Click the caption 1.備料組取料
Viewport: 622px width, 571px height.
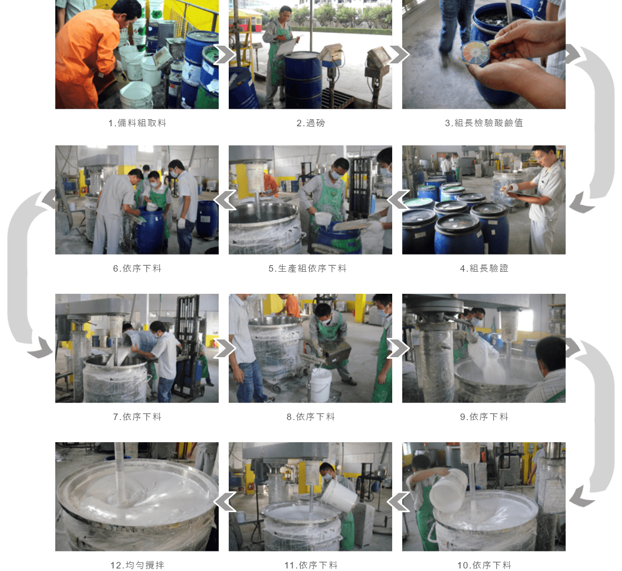137,123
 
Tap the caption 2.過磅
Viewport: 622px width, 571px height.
310,123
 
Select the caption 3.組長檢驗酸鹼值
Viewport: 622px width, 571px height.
484,123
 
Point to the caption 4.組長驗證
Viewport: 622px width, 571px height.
484,268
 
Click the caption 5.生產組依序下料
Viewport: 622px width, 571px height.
307,268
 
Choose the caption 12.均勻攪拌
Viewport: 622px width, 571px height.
137,565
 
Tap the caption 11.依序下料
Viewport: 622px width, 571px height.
311,565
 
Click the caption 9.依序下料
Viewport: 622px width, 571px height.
484,417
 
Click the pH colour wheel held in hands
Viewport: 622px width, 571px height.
475,52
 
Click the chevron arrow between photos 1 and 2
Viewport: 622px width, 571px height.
225,54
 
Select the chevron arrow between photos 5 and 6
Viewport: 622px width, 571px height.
225,200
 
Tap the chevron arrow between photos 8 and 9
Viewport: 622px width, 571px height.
398,348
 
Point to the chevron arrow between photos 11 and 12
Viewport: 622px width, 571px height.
225,502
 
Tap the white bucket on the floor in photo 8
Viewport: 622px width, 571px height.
321,385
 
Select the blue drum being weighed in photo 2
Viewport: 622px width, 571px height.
303,80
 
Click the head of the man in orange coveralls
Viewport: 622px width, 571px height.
127,12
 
